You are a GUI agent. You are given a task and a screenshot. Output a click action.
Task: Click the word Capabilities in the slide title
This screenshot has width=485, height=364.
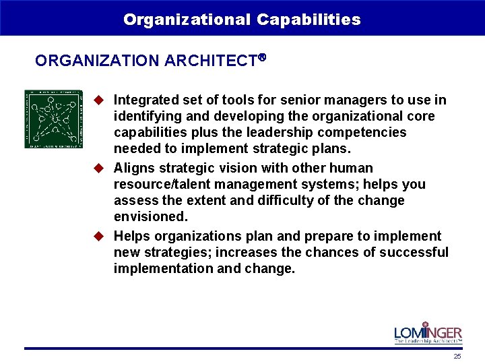pyautogui.click(x=309, y=20)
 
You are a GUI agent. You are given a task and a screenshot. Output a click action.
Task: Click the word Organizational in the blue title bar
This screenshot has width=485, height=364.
pyautogui.click(x=187, y=20)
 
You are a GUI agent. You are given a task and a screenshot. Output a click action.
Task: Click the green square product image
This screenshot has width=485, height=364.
pyautogui.click(x=54, y=119)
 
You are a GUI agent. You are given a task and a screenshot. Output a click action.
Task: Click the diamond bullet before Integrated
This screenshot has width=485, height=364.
pyautogui.click(x=98, y=100)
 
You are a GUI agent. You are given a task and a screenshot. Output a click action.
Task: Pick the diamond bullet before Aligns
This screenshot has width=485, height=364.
pyautogui.click(x=98, y=168)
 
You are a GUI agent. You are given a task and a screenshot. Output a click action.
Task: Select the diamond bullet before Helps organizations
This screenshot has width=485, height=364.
pyautogui.click(x=98, y=236)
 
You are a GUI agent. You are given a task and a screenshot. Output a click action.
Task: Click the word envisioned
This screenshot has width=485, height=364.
pyautogui.click(x=150, y=216)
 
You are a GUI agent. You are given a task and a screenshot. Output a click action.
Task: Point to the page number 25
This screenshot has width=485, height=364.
pyautogui.click(x=457, y=356)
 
